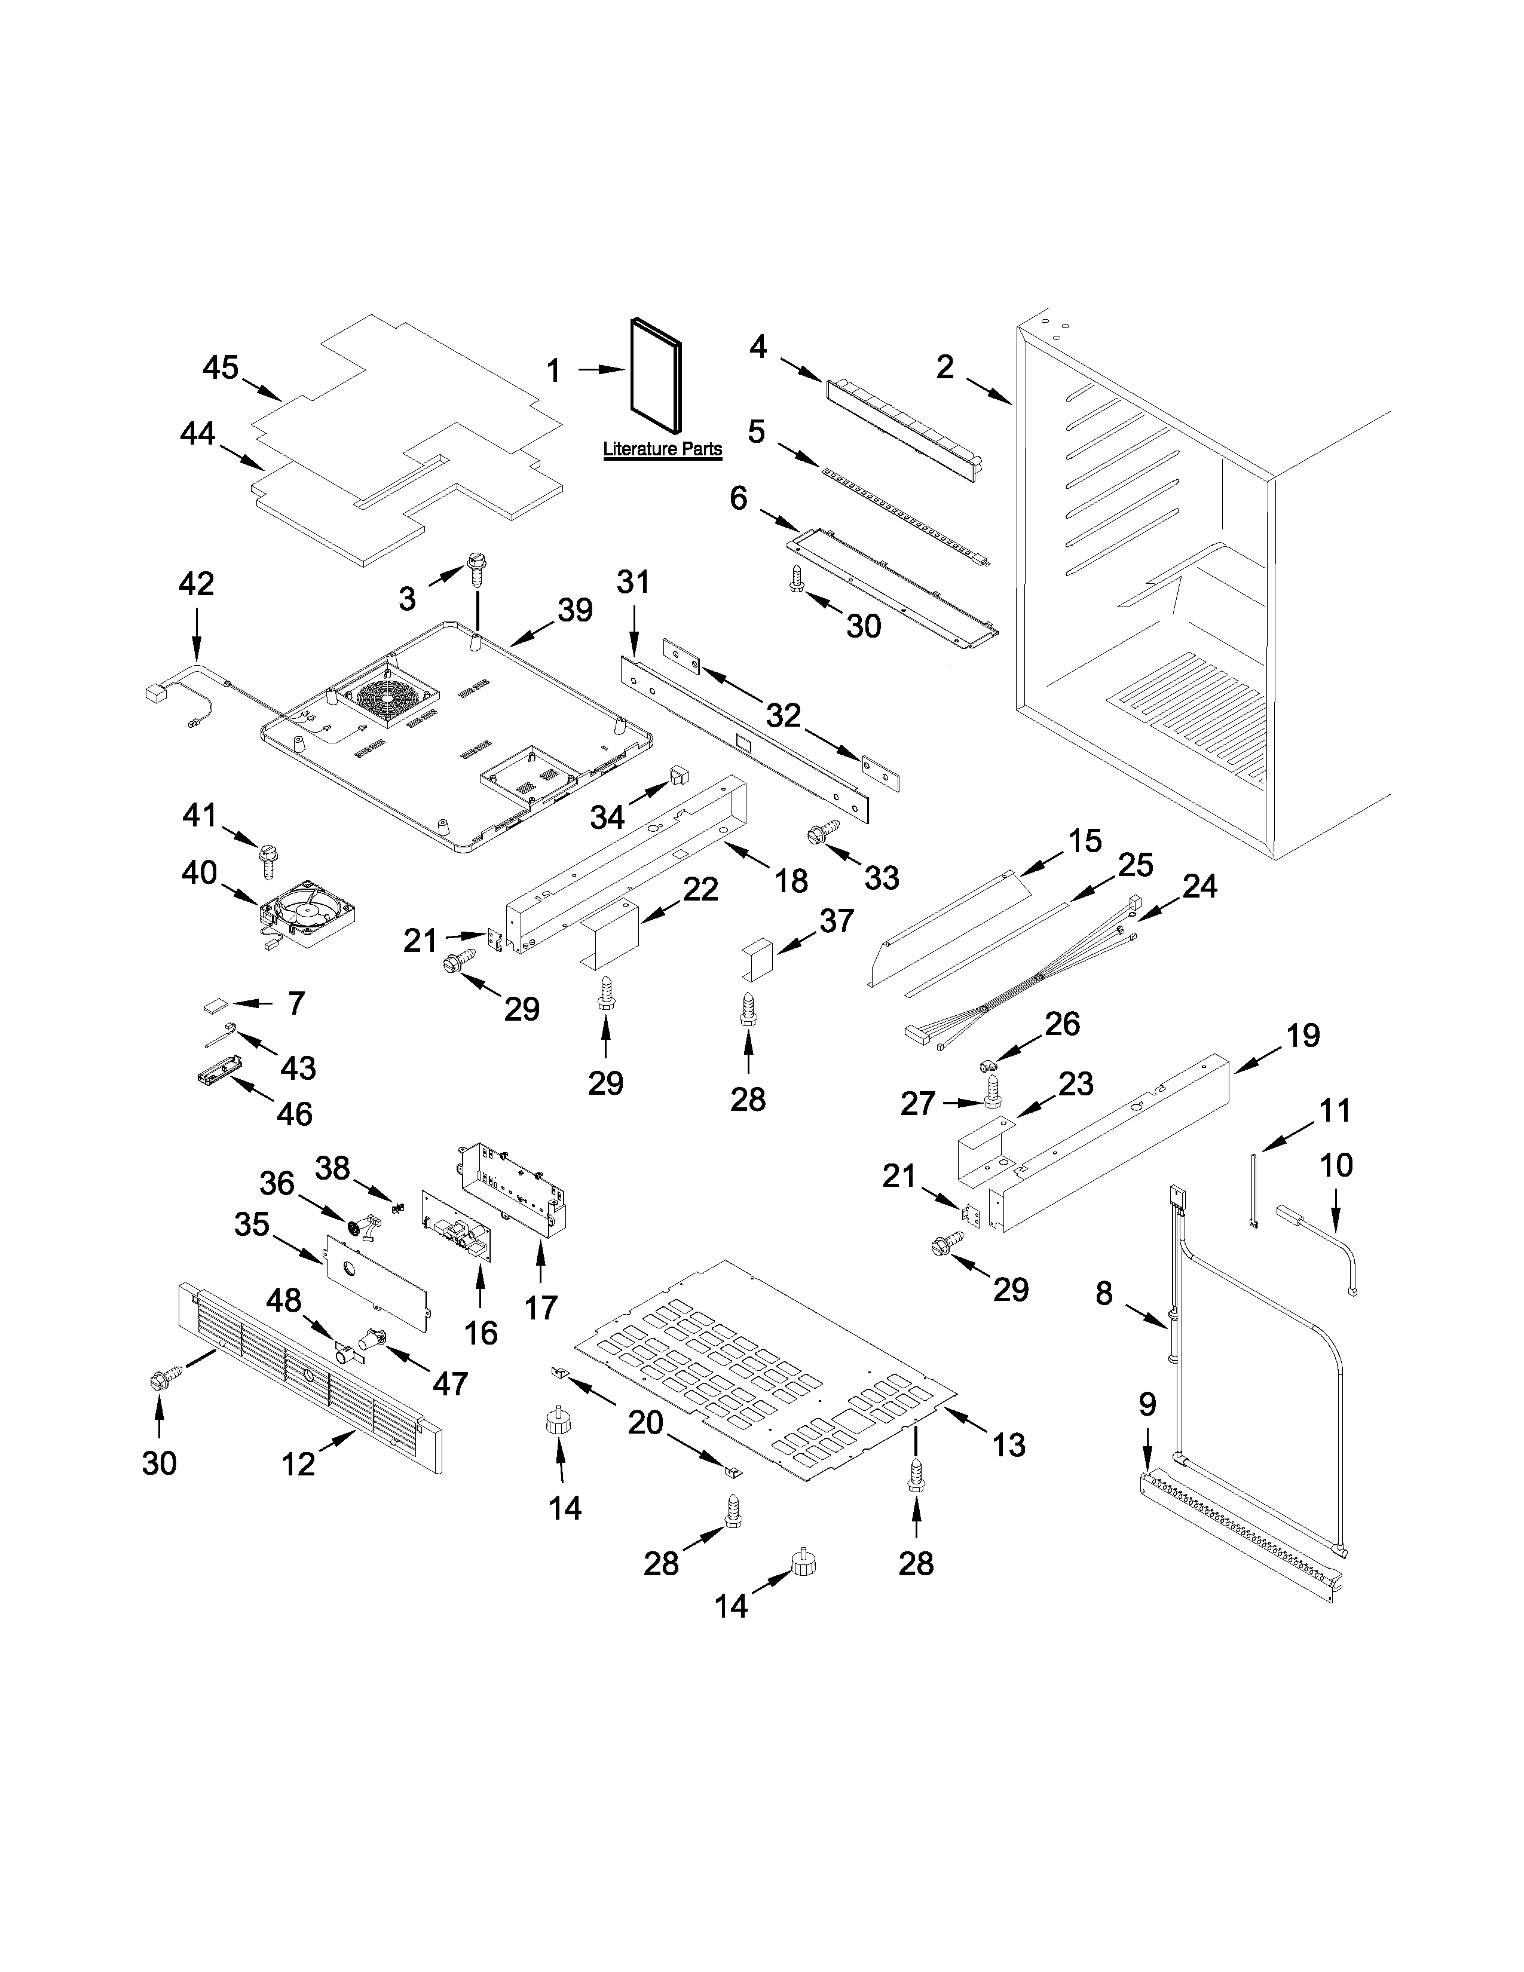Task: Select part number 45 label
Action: point(221,368)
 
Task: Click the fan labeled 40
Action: point(307,912)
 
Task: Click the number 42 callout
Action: point(196,584)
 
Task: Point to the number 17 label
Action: point(541,1307)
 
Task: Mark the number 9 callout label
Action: point(1147,1404)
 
